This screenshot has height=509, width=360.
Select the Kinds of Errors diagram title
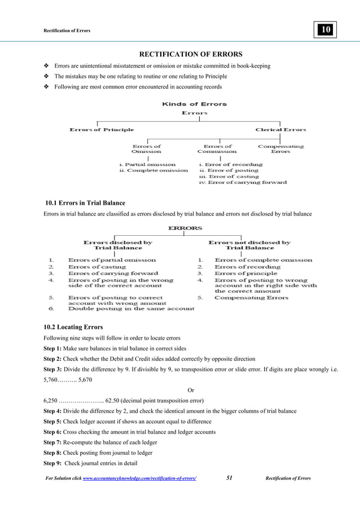pos(194,104)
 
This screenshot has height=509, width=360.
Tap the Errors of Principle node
pos(102,130)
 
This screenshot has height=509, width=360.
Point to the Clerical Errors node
pos(280,130)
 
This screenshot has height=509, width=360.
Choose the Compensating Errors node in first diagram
pos(280,149)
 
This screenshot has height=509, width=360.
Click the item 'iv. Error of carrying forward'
pos(243,182)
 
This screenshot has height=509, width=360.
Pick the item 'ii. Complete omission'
pos(153,170)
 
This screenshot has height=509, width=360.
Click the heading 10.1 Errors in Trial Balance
pos(85,203)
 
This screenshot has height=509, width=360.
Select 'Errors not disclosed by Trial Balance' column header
pos(249,245)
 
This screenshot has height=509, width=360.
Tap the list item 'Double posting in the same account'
pos(131,309)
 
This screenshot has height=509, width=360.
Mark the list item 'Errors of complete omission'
pos(263,260)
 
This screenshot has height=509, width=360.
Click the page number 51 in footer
pos(230,479)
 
